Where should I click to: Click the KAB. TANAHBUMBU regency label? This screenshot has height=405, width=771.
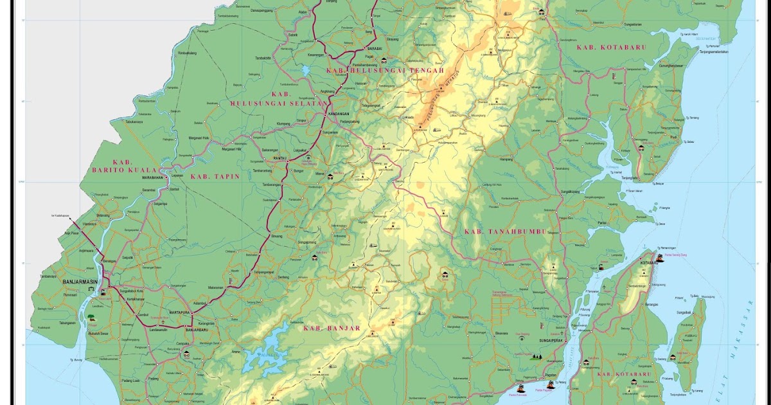pyautogui.click(x=504, y=231)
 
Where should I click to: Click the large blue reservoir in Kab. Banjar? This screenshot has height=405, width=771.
pyautogui.click(x=267, y=351)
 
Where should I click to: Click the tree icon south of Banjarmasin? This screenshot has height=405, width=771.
pyautogui.click(x=91, y=318)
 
